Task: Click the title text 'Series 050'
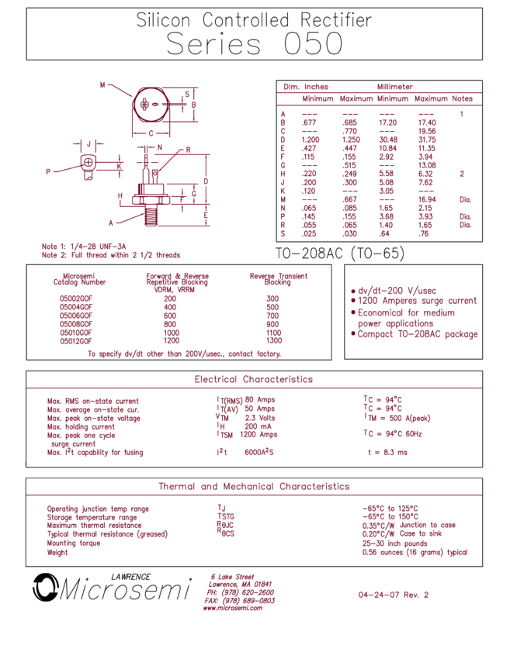(x=255, y=43)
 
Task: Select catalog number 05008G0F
(x=76, y=324)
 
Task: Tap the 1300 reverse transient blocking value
(x=274, y=341)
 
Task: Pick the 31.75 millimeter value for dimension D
(x=427, y=140)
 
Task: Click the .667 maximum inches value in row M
(x=349, y=199)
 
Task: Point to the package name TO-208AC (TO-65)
(x=340, y=253)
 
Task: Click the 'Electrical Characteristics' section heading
(x=254, y=379)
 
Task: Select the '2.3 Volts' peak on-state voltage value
(x=260, y=418)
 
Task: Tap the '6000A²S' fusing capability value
(x=259, y=452)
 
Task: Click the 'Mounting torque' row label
(x=74, y=543)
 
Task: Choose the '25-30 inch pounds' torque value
(x=394, y=543)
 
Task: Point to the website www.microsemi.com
(x=233, y=608)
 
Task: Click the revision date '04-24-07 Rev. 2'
(x=394, y=595)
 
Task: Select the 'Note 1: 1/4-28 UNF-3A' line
(x=84, y=247)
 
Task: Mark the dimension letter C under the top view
(x=151, y=133)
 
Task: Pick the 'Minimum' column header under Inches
(x=317, y=98)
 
